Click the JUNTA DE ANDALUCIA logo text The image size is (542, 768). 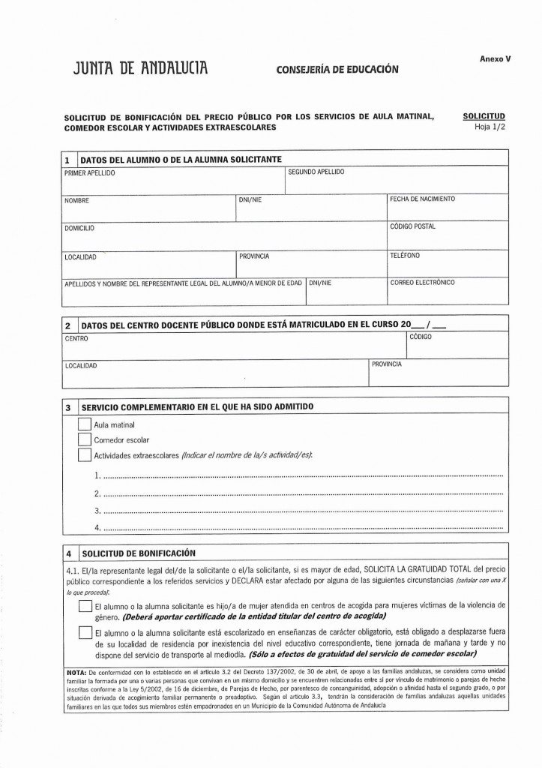(139, 70)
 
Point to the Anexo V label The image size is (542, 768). (495, 58)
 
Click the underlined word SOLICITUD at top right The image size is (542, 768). (484, 116)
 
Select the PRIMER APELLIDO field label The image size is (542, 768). (89, 173)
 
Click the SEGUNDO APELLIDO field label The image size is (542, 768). (316, 172)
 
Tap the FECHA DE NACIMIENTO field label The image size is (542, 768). (422, 199)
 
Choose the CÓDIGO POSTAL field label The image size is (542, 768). (412, 226)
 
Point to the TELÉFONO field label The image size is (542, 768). (405, 255)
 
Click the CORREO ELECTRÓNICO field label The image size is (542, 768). (422, 283)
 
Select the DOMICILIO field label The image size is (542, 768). (79, 227)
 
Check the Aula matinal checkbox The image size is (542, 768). (84, 425)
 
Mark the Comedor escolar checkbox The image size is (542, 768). (84, 440)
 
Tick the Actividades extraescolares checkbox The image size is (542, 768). (84, 455)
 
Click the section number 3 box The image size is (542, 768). (68, 407)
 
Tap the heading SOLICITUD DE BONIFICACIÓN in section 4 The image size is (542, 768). (133, 553)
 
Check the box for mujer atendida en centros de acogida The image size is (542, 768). (84, 608)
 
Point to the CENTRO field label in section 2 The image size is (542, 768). (76, 339)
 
